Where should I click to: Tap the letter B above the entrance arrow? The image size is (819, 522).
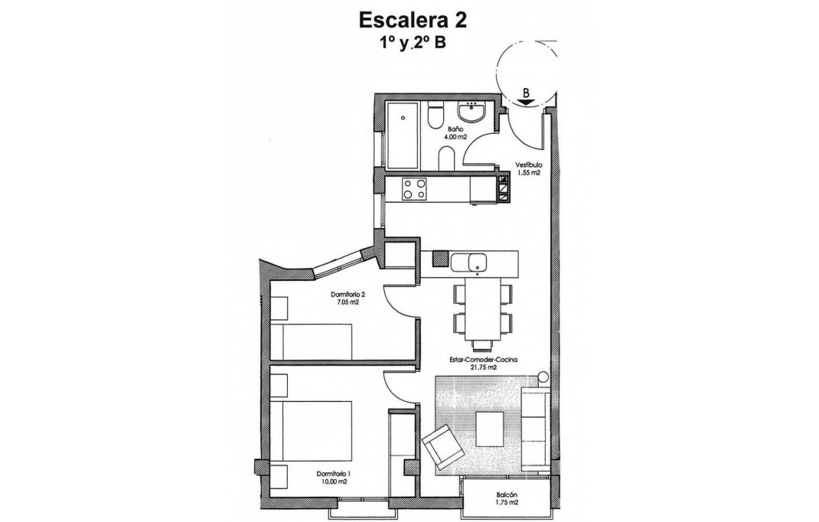point(526,93)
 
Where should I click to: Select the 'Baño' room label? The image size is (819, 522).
point(455,129)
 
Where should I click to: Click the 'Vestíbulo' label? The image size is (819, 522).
point(528,165)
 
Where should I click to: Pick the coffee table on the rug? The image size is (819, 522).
point(489,429)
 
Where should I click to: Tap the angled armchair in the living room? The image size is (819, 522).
point(442,449)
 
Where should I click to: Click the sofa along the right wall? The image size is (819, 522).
point(535,429)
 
